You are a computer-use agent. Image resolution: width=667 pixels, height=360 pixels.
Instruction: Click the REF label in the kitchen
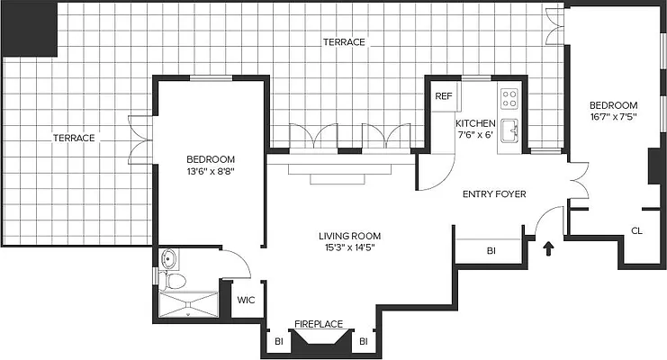(x=443, y=95)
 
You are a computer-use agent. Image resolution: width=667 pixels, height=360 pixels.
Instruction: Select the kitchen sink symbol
(x=509, y=129)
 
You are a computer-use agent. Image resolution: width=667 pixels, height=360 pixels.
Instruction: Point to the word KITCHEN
(x=474, y=123)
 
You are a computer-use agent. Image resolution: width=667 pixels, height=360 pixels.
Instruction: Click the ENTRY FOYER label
(x=493, y=193)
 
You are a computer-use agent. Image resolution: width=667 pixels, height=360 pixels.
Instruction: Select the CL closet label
(x=635, y=231)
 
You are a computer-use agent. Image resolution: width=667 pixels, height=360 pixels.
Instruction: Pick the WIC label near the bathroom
(x=245, y=301)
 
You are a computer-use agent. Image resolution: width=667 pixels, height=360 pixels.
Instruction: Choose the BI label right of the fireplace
(x=364, y=342)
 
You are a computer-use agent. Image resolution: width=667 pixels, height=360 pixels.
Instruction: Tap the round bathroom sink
(x=168, y=261)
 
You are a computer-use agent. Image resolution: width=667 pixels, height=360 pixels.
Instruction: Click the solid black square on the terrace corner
(x=29, y=29)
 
